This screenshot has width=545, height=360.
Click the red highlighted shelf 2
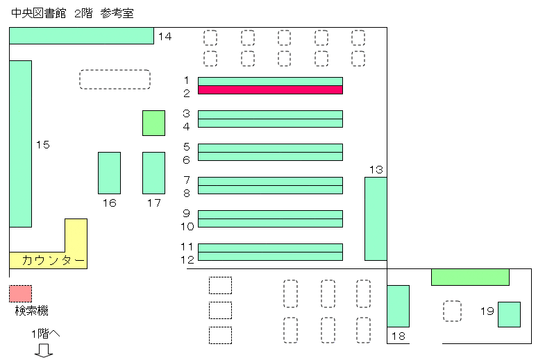(x=270, y=90)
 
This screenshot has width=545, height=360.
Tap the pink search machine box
(x=21, y=293)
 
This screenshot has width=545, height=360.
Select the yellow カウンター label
(x=53, y=260)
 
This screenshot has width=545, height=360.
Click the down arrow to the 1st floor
(x=44, y=350)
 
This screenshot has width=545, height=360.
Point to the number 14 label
(x=165, y=37)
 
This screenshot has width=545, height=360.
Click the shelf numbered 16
(x=110, y=173)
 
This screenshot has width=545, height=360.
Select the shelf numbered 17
(x=153, y=173)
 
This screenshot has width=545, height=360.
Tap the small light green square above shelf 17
(x=153, y=123)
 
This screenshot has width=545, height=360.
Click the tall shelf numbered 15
(x=21, y=144)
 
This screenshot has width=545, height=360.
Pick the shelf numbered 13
(x=376, y=218)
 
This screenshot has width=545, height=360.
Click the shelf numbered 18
(x=399, y=306)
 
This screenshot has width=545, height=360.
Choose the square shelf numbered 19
(x=509, y=314)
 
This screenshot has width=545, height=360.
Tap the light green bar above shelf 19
(x=470, y=277)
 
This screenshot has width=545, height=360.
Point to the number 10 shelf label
(x=187, y=227)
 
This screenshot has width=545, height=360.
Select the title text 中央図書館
(x=39, y=13)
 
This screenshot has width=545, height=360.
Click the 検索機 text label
(x=32, y=310)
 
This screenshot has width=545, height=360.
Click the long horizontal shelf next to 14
(x=81, y=36)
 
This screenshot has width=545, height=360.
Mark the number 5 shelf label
(x=187, y=147)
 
